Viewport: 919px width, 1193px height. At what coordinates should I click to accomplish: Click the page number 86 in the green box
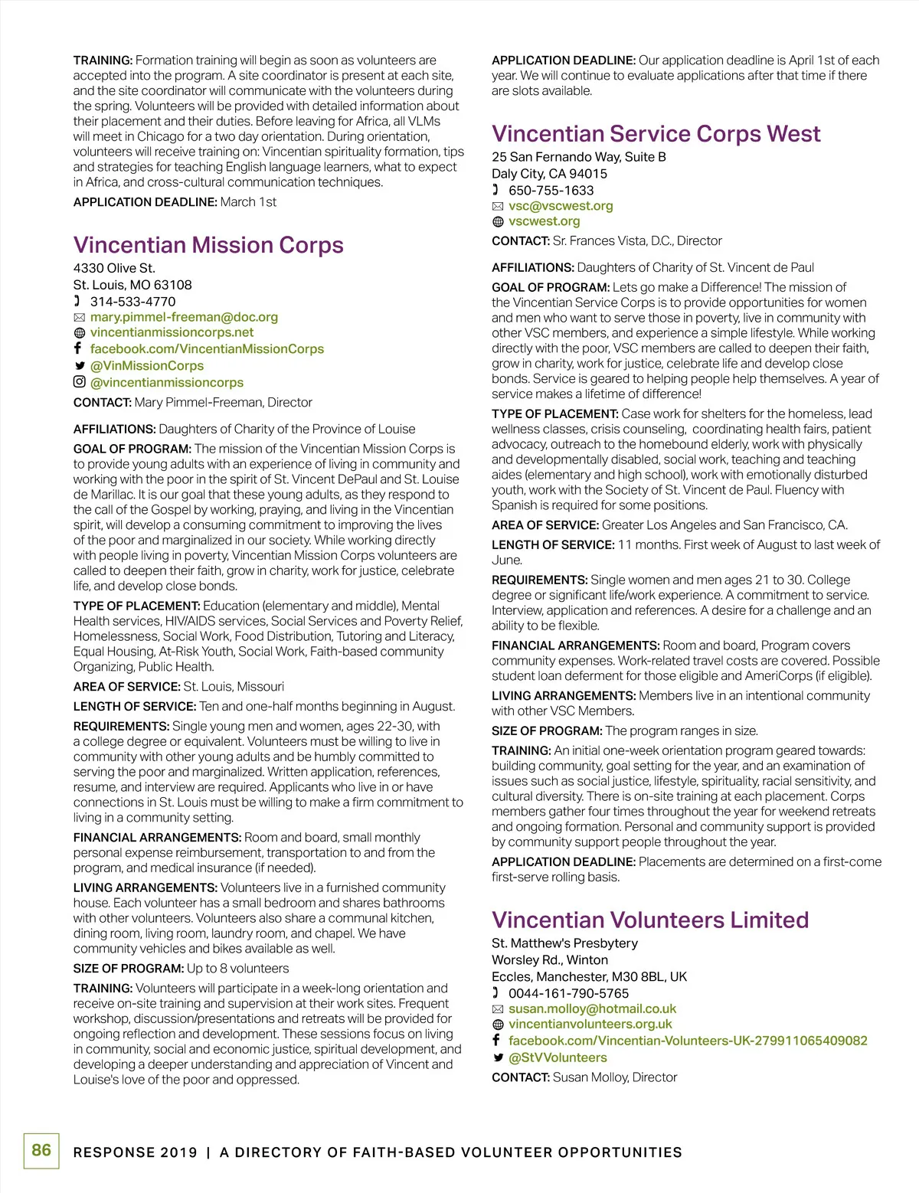tap(41, 1150)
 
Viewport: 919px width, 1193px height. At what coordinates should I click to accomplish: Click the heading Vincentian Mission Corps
tap(208, 245)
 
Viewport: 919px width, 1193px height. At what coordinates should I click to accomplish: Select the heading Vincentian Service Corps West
tap(656, 134)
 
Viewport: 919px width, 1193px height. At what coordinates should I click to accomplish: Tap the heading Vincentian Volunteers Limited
tap(650, 920)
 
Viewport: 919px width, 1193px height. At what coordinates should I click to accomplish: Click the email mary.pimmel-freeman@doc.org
tap(184, 317)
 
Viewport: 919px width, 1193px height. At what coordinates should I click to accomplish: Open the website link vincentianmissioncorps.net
tap(172, 332)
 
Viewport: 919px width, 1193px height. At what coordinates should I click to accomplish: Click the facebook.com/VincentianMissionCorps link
tap(207, 349)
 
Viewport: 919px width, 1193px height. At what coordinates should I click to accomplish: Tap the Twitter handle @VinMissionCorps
tap(147, 366)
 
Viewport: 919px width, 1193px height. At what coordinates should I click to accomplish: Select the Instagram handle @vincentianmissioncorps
tap(167, 383)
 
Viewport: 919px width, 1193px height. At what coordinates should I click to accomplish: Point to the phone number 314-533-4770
tap(132, 302)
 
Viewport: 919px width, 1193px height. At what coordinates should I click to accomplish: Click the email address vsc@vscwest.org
tap(561, 206)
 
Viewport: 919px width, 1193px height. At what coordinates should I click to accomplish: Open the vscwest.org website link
tap(544, 221)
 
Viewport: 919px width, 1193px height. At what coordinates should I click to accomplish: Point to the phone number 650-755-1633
tap(551, 191)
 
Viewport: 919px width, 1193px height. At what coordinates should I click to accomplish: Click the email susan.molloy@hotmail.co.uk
tap(592, 1009)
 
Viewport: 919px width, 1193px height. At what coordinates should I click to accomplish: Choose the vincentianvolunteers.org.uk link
tap(590, 1025)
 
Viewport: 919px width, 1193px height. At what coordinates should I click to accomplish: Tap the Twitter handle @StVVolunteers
tap(558, 1058)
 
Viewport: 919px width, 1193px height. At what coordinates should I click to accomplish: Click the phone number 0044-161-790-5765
tap(568, 994)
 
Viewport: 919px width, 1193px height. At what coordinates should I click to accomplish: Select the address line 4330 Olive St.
tap(114, 268)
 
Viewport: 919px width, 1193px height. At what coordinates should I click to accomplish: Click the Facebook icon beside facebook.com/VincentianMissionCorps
tap(78, 348)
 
